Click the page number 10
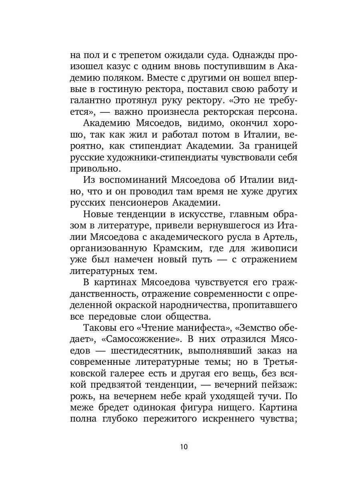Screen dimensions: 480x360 click(x=184, y=447)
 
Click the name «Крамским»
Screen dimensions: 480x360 click(x=171, y=250)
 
